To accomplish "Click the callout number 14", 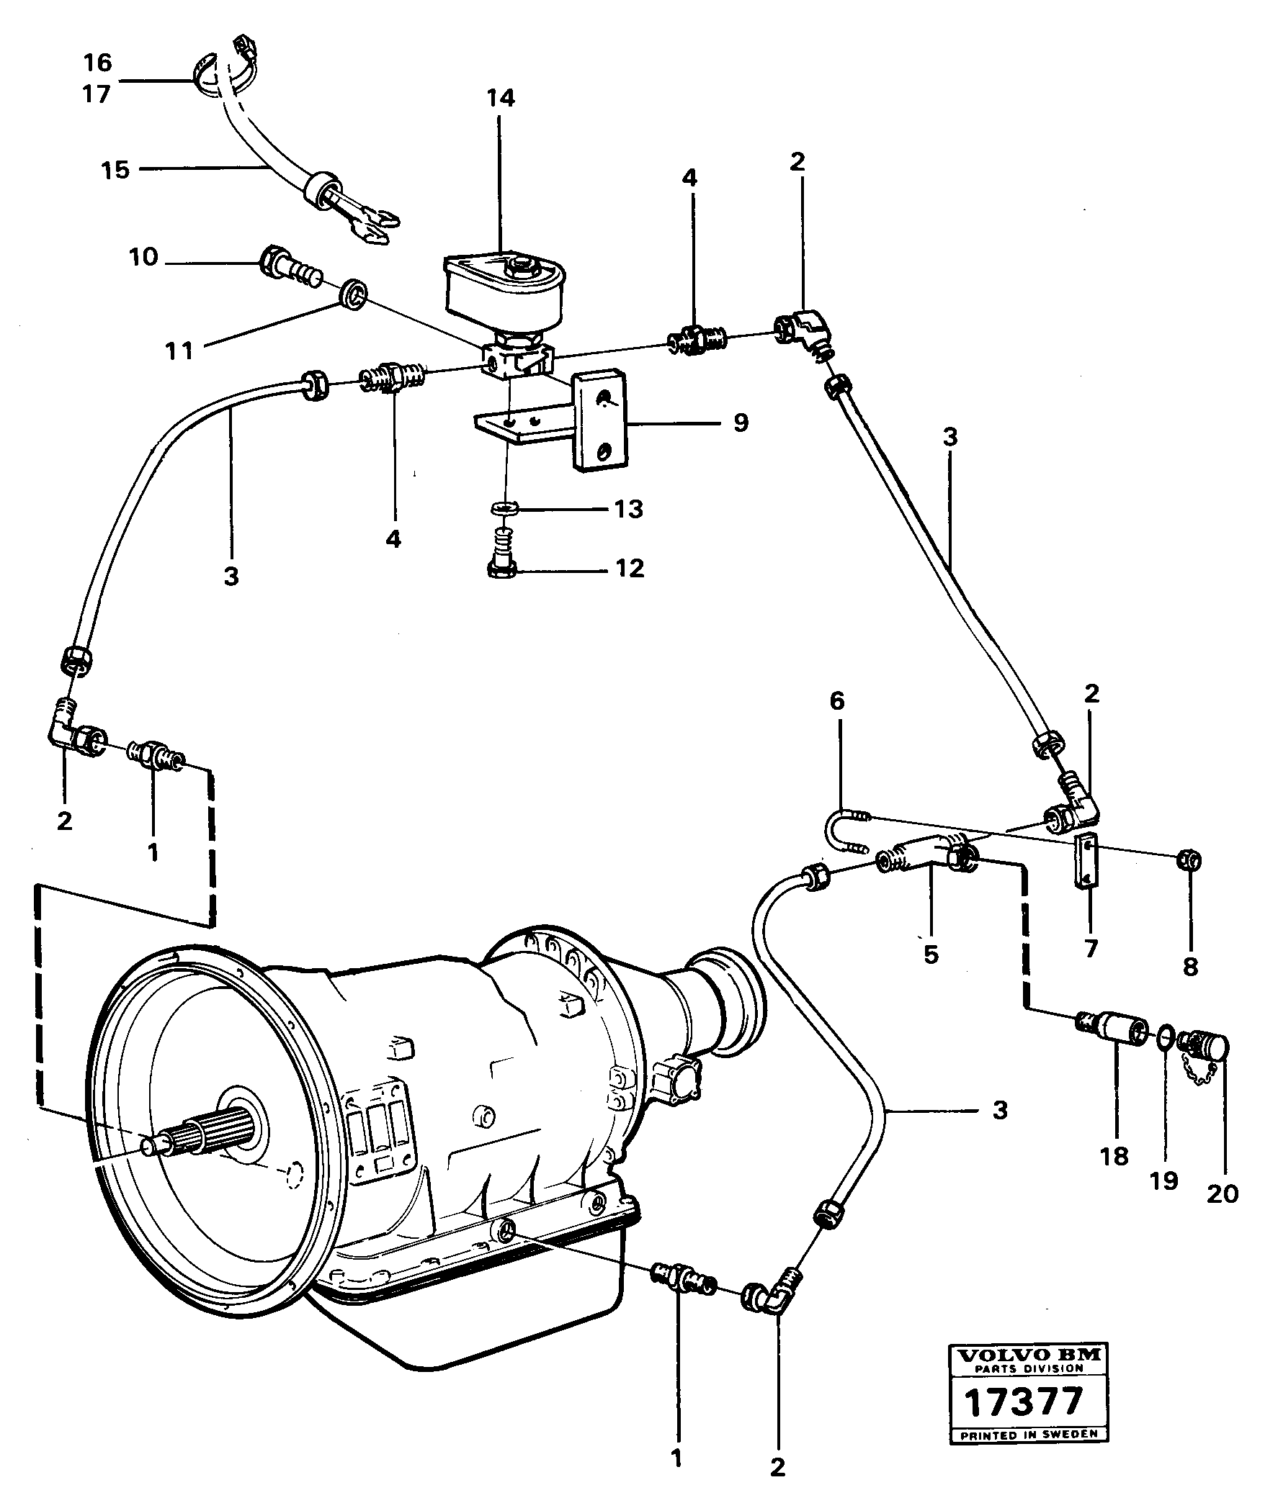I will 500,98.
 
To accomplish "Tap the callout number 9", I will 741,423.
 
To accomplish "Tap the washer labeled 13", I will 506,510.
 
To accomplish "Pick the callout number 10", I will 143,257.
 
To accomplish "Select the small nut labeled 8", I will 1189,860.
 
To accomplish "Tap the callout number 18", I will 1114,1157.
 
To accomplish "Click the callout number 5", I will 931,955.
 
